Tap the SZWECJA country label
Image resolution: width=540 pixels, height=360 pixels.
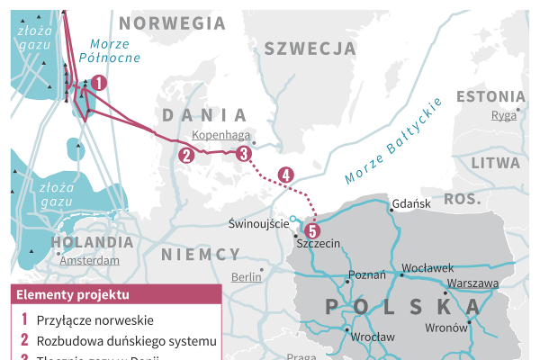tap(310, 49)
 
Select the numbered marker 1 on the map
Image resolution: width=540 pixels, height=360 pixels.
tap(99, 83)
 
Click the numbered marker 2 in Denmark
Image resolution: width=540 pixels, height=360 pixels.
tap(186, 155)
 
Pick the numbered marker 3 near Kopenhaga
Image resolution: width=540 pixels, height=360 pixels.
tap(243, 154)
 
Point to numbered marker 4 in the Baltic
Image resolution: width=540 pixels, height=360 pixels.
tap(286, 175)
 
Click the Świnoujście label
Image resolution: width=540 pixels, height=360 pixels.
tap(259, 223)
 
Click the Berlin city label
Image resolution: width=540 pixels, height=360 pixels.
tap(246, 278)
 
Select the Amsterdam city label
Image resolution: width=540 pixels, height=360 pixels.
tap(89, 260)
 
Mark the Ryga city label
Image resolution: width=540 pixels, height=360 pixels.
tap(503, 115)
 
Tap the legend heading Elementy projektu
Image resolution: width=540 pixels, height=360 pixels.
tap(72, 295)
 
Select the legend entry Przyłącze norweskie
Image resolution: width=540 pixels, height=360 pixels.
tap(94, 319)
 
